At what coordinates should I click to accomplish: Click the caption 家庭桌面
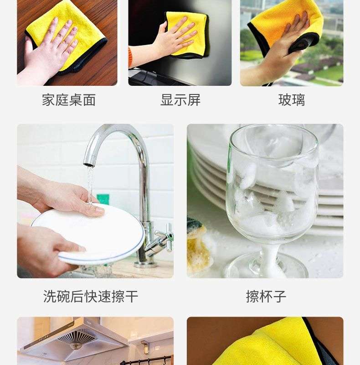[69, 100]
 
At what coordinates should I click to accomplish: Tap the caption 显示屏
[180, 100]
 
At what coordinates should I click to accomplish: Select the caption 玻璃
[292, 100]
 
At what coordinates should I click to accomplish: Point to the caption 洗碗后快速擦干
[91, 296]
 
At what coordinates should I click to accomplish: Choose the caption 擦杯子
[266, 296]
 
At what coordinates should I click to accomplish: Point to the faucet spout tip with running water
[89, 164]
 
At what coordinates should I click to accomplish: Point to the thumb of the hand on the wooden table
[28, 47]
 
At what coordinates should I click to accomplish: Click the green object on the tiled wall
[103, 199]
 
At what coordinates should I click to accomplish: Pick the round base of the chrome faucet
[144, 264]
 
